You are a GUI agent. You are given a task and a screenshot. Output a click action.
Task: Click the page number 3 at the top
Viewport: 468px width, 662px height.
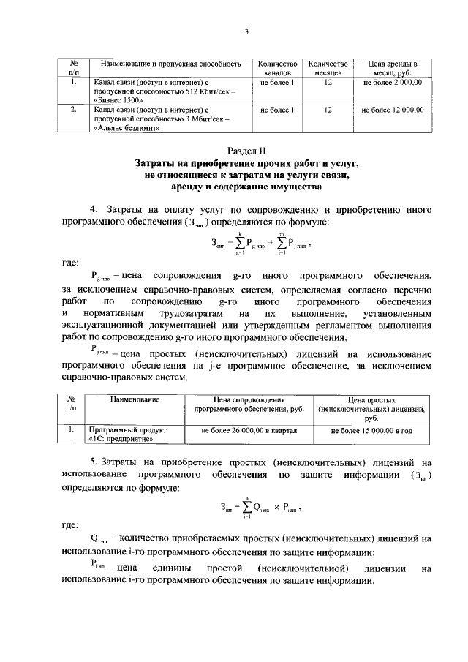(246, 31)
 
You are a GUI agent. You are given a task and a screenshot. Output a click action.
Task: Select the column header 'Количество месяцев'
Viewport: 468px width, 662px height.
(328, 69)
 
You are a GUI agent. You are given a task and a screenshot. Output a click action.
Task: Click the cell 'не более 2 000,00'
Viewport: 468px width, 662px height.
(397, 83)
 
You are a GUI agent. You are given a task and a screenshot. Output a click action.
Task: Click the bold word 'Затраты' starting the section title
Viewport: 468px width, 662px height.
(157, 165)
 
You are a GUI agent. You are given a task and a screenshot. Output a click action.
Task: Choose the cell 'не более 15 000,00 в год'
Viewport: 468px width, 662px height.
(371, 432)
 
